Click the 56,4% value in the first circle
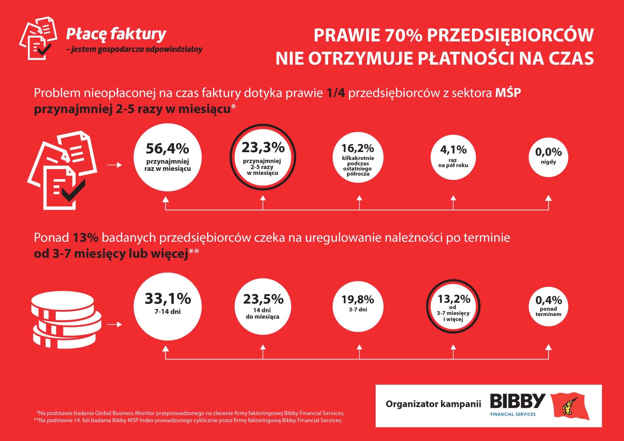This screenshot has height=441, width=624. (x=167, y=149)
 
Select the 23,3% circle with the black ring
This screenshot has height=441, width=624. (x=263, y=157)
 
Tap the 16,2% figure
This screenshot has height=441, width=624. (x=357, y=148)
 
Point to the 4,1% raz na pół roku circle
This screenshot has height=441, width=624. (x=453, y=157)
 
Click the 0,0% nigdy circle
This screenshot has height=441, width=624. (x=548, y=157)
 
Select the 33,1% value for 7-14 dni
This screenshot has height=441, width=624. (x=168, y=298)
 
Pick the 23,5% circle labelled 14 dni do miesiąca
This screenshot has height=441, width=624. (x=263, y=306)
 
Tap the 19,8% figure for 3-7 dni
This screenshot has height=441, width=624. (x=358, y=299)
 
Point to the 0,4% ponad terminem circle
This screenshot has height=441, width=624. (x=548, y=306)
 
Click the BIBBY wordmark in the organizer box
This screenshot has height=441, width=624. (x=517, y=401)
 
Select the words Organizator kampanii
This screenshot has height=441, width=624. (x=433, y=404)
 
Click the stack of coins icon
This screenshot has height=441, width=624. (x=66, y=319)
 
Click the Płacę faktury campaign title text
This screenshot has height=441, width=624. (x=116, y=34)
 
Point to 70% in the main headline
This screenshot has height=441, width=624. (x=403, y=35)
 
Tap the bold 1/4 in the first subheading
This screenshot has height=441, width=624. (x=335, y=93)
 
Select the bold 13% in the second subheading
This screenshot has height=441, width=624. (x=86, y=238)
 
